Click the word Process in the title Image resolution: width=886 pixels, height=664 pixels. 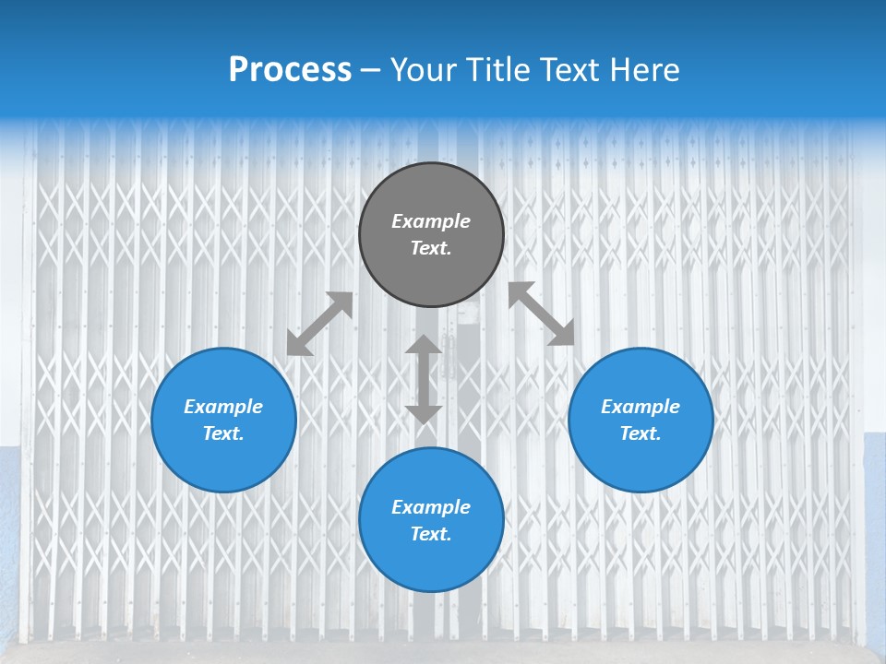290,70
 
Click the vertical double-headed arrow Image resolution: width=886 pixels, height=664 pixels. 424,379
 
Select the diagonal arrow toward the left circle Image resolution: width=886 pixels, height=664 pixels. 319,324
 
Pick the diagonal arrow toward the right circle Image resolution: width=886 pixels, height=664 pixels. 542,314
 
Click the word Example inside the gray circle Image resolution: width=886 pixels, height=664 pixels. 431,221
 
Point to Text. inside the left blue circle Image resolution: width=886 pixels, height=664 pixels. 223,433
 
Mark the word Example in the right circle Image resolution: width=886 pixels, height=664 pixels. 641,407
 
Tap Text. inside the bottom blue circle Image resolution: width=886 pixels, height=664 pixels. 431,534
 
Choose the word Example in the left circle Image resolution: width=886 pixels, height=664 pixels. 223,407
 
